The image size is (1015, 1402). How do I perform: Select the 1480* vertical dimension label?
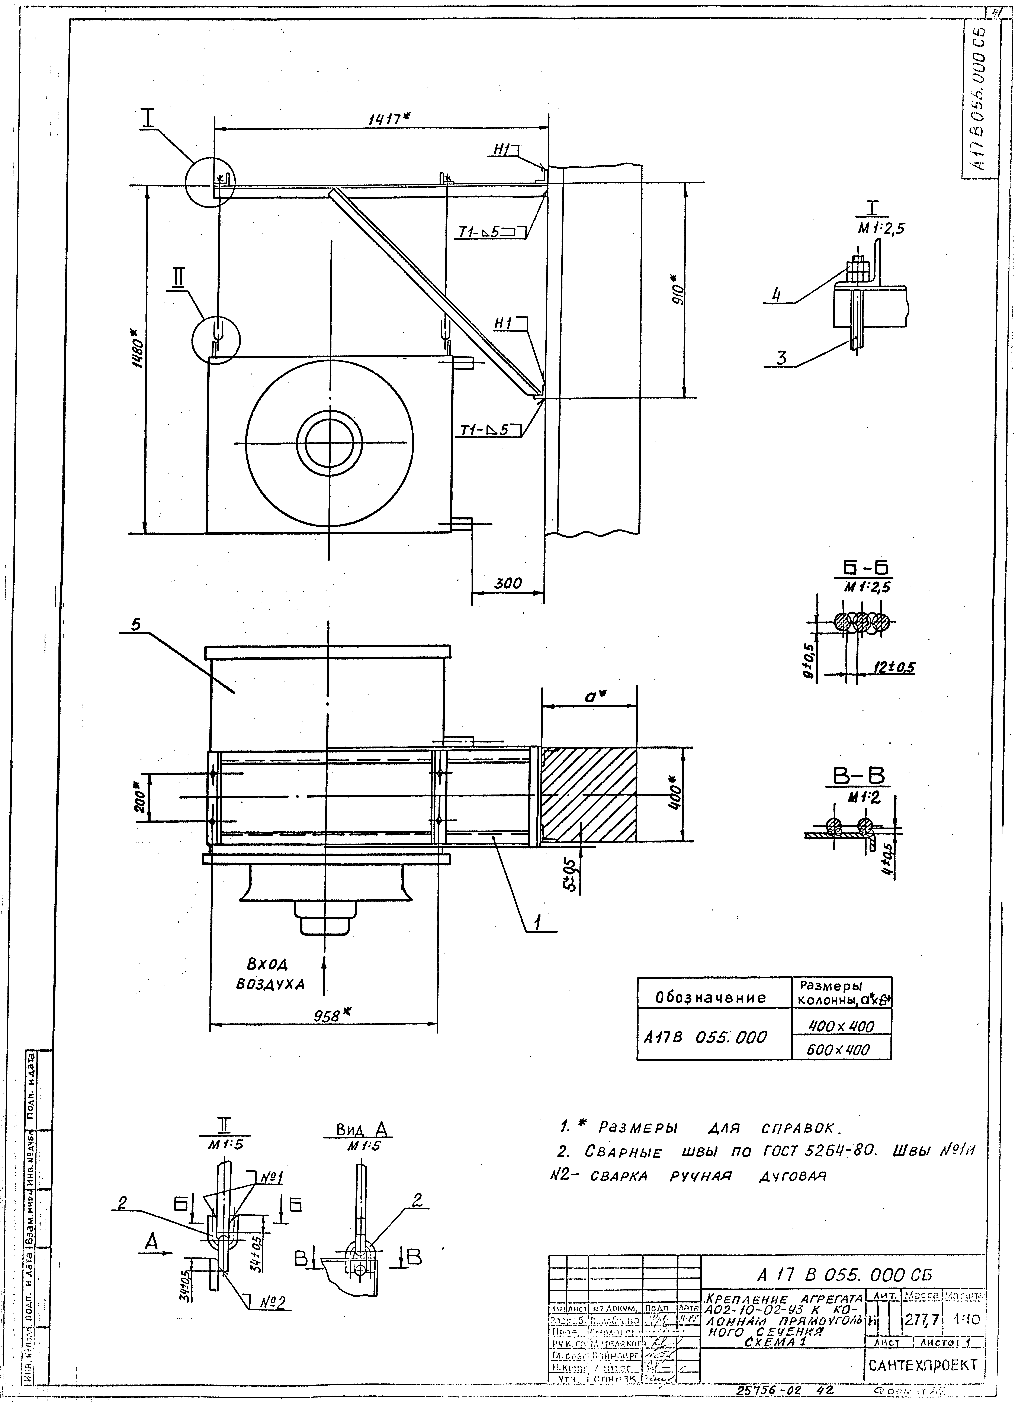pyautogui.click(x=137, y=352)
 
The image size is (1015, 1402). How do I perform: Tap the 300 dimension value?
pyautogui.click(x=508, y=583)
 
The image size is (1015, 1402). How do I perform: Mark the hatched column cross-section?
pyautogui.click(x=588, y=795)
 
